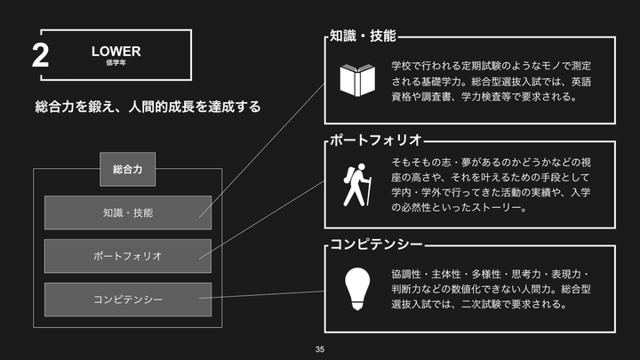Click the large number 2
pos(40,56)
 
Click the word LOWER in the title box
pos(116,52)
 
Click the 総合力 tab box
pos(128,168)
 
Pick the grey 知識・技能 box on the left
pos(128,213)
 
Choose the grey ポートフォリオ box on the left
pos(128,256)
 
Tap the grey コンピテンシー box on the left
pos(128,300)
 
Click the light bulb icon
pos(357,288)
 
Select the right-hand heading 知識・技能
pos(362,36)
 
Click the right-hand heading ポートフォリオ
pos(374,140)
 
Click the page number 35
pos(320,349)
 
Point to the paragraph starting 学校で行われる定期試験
pos(492,82)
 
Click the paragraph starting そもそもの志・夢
pos(492,185)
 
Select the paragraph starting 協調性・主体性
pos(492,288)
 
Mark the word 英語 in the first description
pos(580,82)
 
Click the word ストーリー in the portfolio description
pos(500,208)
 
